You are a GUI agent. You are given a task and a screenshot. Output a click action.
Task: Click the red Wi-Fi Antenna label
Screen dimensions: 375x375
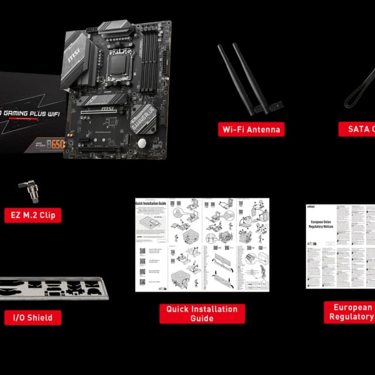251,129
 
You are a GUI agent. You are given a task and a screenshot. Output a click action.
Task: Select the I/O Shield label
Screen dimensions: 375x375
33,318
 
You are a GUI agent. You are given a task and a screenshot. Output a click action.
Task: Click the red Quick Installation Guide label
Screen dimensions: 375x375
202,313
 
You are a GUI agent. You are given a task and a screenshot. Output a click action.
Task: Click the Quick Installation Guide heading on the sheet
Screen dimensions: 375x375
151,203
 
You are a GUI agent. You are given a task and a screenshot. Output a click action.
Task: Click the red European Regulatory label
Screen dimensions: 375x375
350,312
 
